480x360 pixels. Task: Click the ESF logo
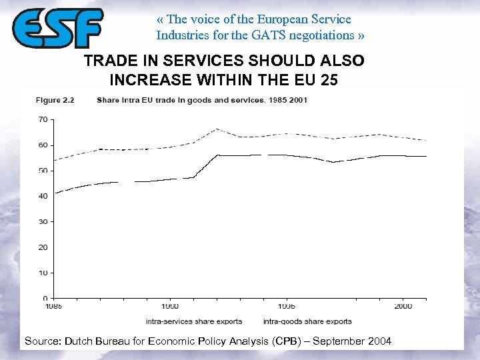pos(57,28)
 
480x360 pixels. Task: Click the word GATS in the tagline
pos(265,35)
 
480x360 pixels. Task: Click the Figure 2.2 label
pos(55,101)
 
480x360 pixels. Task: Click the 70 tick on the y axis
pos(43,120)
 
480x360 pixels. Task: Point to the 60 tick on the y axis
pos(43,145)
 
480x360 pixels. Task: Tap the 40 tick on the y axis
pos(43,196)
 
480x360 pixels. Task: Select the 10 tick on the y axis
pos(43,273)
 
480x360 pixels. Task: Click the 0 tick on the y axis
pos(45,298)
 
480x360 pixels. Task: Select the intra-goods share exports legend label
pos(307,321)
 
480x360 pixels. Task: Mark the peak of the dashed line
pos(216,129)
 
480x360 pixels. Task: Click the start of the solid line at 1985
pos(55,193)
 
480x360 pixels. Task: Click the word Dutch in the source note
pos(78,341)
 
